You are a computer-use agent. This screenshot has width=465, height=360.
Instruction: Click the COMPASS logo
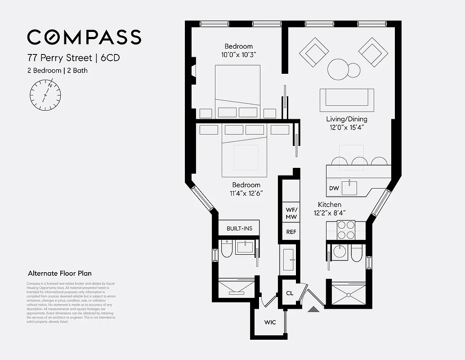click(x=84, y=37)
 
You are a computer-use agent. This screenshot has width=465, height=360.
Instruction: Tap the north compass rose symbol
click(x=45, y=95)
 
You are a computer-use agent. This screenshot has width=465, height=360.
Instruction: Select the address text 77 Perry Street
click(x=58, y=58)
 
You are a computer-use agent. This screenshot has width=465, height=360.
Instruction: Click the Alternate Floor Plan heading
click(x=59, y=273)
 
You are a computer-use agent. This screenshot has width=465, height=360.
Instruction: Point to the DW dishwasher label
click(x=334, y=188)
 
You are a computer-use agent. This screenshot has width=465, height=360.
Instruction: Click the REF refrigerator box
click(x=291, y=232)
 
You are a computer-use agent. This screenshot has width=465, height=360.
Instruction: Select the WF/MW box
click(x=291, y=213)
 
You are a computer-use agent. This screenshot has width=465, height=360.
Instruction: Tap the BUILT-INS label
click(x=239, y=228)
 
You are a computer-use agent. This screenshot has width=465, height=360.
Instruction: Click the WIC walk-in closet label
click(x=270, y=322)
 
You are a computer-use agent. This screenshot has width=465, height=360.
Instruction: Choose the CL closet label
click(x=290, y=293)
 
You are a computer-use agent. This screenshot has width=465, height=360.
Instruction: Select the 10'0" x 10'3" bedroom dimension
click(x=238, y=54)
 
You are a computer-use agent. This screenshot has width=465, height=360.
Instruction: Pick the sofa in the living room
click(x=347, y=100)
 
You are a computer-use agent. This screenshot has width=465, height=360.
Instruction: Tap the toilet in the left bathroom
click(x=227, y=249)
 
